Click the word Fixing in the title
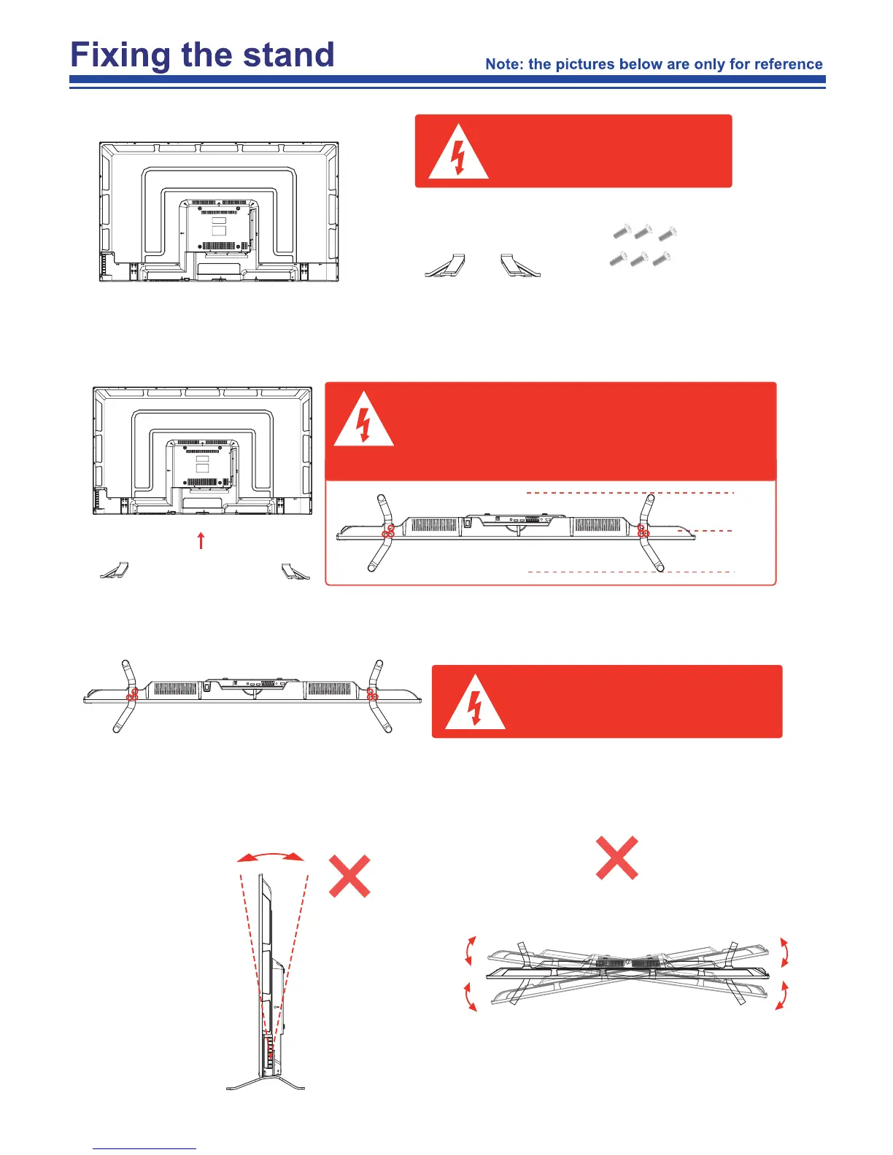[120, 55]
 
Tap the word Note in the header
[503, 64]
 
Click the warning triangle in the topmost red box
[458, 155]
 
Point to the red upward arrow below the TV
[201, 540]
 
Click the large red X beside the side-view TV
[349, 876]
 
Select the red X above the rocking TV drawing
[617, 857]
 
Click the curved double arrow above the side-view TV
[271, 857]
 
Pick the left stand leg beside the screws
[446, 266]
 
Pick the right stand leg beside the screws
[520, 266]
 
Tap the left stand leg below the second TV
[115, 570]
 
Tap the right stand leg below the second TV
[295, 571]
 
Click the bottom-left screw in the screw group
[618, 259]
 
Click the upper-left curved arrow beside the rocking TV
[471, 951]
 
